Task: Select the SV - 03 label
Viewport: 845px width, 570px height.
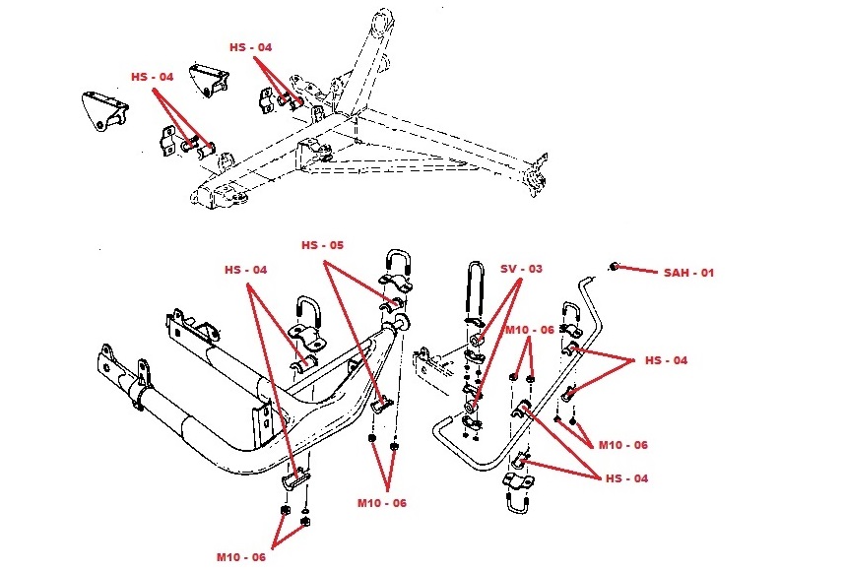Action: pos(521,268)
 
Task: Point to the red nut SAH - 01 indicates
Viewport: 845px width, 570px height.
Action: pos(615,266)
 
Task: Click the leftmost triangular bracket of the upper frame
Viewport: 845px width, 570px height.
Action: pos(102,110)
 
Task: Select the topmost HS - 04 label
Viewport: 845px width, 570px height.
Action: pos(251,46)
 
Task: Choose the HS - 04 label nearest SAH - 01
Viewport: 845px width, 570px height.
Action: pos(667,360)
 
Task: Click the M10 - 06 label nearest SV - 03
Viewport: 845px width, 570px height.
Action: pos(529,329)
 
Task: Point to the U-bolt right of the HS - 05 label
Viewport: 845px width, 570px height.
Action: pos(398,267)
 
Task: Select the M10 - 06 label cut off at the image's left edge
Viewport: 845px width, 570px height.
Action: pos(241,556)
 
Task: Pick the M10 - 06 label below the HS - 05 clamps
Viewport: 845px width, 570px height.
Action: pos(381,503)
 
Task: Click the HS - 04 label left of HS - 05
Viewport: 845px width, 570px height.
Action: pos(245,269)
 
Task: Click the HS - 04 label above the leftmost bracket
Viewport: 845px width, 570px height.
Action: pos(153,76)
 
